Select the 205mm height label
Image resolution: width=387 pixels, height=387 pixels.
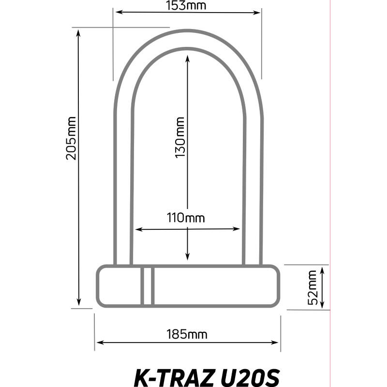(71, 138)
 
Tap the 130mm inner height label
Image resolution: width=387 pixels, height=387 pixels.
(179, 138)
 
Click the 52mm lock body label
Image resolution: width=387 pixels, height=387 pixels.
(313, 287)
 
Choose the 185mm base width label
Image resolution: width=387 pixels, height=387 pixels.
(187, 334)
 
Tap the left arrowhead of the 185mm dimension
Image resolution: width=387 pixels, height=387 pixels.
(98, 343)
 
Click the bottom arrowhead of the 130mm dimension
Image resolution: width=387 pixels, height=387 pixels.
(188, 259)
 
